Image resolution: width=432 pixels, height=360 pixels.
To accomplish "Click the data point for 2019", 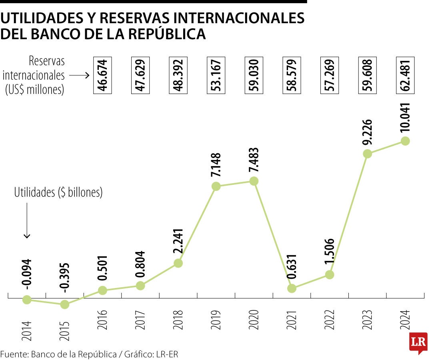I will [216, 186].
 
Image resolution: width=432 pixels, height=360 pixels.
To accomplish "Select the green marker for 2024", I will [405, 141].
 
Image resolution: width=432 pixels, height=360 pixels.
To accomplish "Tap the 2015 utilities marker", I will [65, 304].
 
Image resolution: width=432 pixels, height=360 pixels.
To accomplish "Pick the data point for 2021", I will [292, 288].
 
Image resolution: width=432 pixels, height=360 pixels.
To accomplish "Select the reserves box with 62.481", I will [405, 75].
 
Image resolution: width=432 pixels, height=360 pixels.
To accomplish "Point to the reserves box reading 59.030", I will [254, 75].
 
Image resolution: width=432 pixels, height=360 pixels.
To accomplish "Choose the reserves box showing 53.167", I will [216, 75].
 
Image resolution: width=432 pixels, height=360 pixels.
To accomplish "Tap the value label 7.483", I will [254, 160].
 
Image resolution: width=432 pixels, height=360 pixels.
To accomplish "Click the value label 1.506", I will [330, 252].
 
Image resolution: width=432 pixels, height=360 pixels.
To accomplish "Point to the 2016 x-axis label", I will [102, 320].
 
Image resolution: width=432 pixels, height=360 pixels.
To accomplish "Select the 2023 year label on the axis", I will [367, 320].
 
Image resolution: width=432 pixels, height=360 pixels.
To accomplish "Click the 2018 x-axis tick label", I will [178, 320].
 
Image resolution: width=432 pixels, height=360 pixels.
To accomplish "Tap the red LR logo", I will [418, 342].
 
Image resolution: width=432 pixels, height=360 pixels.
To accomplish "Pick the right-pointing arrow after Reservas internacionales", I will [79, 75].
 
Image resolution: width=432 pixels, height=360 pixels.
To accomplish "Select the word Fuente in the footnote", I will [13, 354].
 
